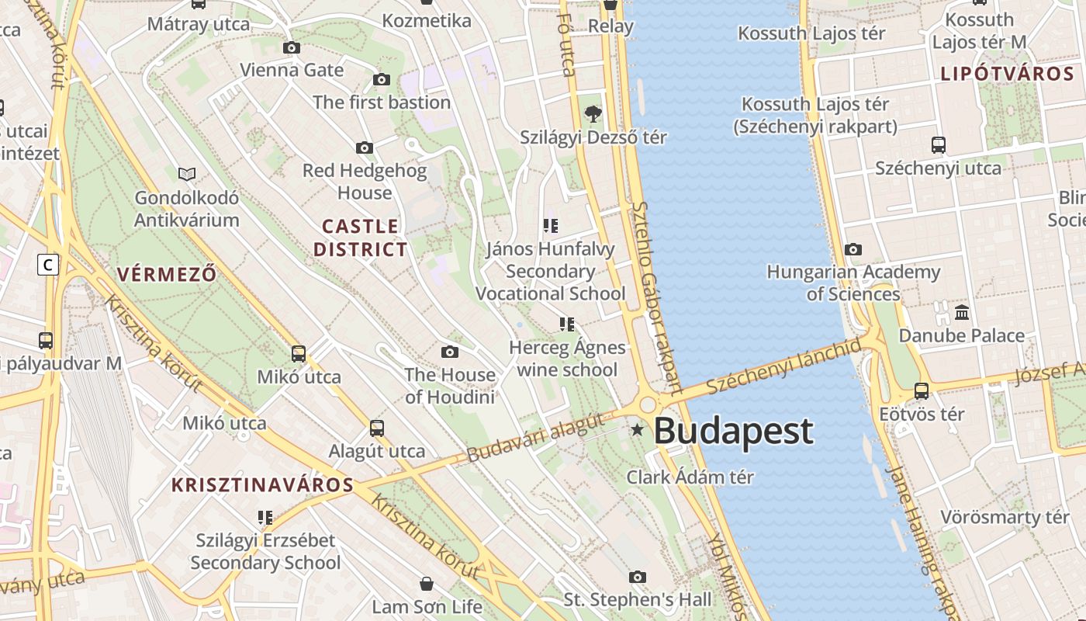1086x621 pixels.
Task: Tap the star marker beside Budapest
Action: click(637, 429)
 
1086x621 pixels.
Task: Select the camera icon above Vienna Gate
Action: click(292, 48)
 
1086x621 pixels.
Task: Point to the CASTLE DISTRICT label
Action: click(361, 238)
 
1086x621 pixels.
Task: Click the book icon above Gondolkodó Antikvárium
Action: click(186, 174)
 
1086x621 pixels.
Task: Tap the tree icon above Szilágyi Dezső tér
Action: click(593, 115)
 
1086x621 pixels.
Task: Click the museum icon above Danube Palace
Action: click(962, 313)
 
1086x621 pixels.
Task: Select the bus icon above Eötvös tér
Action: click(922, 391)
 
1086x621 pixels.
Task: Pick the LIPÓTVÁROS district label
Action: click(1007, 75)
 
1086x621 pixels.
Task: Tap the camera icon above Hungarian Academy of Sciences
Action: click(853, 249)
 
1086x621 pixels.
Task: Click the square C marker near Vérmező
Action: click(48, 265)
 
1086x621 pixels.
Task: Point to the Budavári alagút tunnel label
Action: click(535, 439)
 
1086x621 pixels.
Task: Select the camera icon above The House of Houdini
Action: click(449, 352)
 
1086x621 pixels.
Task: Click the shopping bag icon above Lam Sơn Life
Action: click(426, 584)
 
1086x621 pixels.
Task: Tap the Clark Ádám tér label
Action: click(690, 477)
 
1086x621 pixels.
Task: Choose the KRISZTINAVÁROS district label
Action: click(262, 486)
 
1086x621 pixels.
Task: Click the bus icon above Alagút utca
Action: click(377, 428)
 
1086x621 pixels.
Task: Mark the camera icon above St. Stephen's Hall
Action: click(637, 577)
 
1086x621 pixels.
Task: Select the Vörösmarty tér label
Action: click(1005, 517)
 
